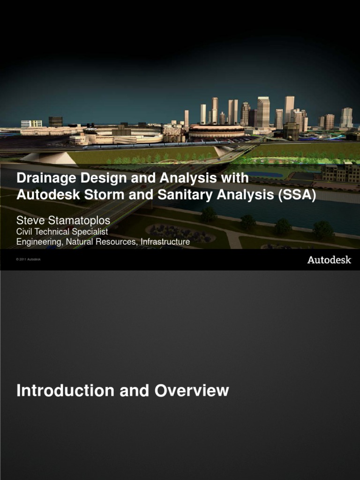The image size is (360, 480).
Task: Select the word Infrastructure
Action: [x=162, y=242]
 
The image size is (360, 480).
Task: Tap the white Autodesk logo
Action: [x=329, y=260]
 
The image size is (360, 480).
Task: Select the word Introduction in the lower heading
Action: [x=65, y=390]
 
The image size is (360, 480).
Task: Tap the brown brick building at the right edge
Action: [x=341, y=173]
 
